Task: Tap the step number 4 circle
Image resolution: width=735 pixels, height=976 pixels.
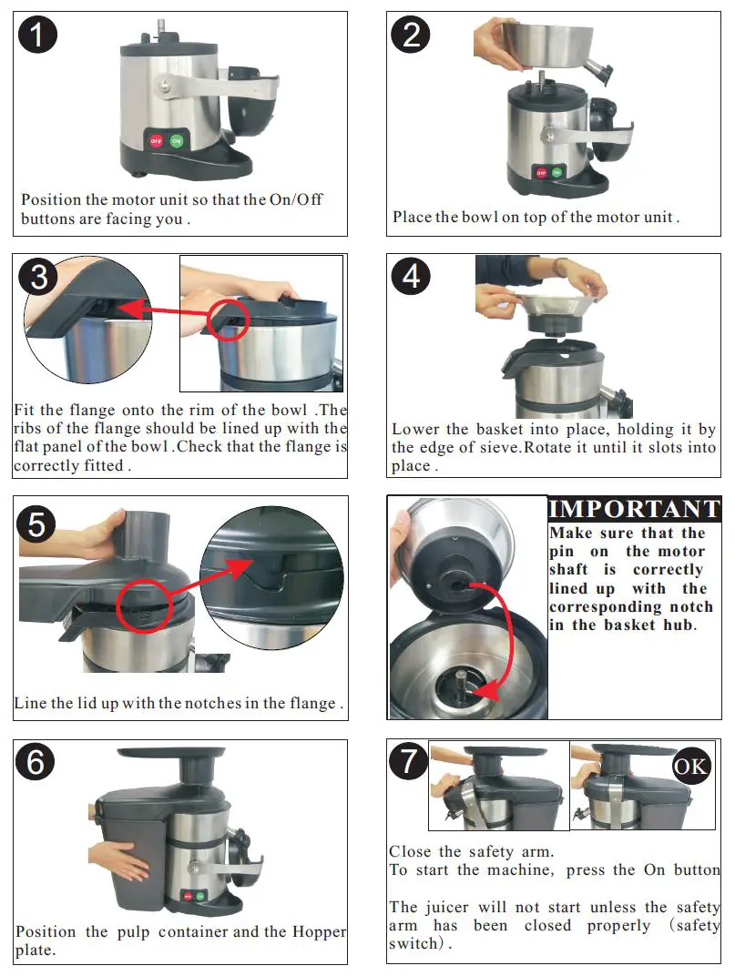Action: tap(411, 275)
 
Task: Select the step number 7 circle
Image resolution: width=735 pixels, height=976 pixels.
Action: tap(409, 761)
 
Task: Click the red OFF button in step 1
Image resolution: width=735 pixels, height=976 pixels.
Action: tap(156, 141)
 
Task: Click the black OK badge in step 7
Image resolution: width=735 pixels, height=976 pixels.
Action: tap(690, 766)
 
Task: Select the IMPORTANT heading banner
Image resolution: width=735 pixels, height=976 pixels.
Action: tap(635, 509)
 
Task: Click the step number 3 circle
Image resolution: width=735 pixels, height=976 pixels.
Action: tap(37, 276)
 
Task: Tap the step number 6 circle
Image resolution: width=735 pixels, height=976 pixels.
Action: tap(36, 762)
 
